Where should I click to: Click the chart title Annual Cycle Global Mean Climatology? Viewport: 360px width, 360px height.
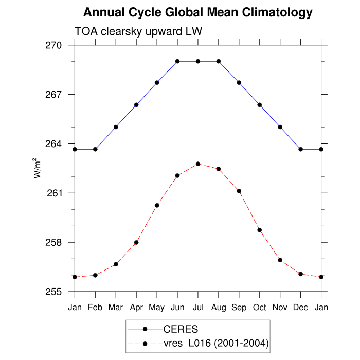click(x=197, y=12)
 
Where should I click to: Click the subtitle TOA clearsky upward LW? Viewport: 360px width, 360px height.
click(x=138, y=31)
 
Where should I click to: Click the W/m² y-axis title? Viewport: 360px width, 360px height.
click(x=38, y=168)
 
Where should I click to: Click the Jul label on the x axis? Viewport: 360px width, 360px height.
click(x=198, y=308)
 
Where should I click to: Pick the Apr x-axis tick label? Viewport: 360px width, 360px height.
click(x=136, y=308)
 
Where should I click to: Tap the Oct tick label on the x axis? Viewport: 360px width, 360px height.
click(x=260, y=308)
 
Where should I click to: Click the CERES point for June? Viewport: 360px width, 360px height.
click(x=177, y=61)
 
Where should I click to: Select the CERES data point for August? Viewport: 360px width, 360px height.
click(x=219, y=61)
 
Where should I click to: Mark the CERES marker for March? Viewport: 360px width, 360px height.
click(x=116, y=127)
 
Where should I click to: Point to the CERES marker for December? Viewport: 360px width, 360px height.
click(x=301, y=149)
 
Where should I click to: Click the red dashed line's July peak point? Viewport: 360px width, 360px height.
click(x=198, y=164)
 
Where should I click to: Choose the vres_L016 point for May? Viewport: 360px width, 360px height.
click(x=157, y=205)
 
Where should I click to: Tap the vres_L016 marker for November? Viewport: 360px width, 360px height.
click(x=280, y=260)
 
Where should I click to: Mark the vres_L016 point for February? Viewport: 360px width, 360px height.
click(x=95, y=275)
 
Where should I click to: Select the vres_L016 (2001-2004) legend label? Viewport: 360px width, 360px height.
click(x=216, y=343)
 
